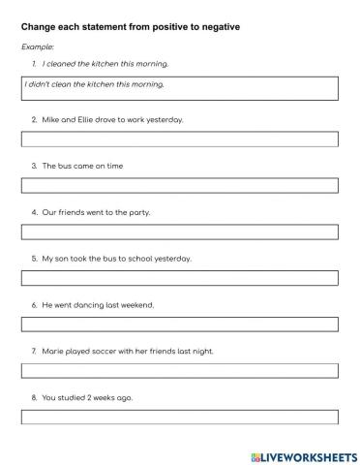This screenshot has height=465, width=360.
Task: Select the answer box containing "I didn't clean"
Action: tap(179, 88)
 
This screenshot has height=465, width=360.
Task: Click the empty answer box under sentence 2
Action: tap(179, 139)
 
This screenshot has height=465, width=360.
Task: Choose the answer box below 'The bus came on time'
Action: tap(179, 185)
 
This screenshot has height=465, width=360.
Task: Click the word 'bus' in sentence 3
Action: tap(65, 166)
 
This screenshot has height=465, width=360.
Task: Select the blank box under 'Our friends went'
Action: tap(179, 232)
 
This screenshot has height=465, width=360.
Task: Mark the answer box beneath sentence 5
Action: tap(179, 278)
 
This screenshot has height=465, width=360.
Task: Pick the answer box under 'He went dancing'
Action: tap(179, 325)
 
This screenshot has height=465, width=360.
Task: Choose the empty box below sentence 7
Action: tap(179, 370)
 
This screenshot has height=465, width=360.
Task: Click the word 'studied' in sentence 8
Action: tap(74, 397)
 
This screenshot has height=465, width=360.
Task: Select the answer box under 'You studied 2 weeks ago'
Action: tap(179, 417)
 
